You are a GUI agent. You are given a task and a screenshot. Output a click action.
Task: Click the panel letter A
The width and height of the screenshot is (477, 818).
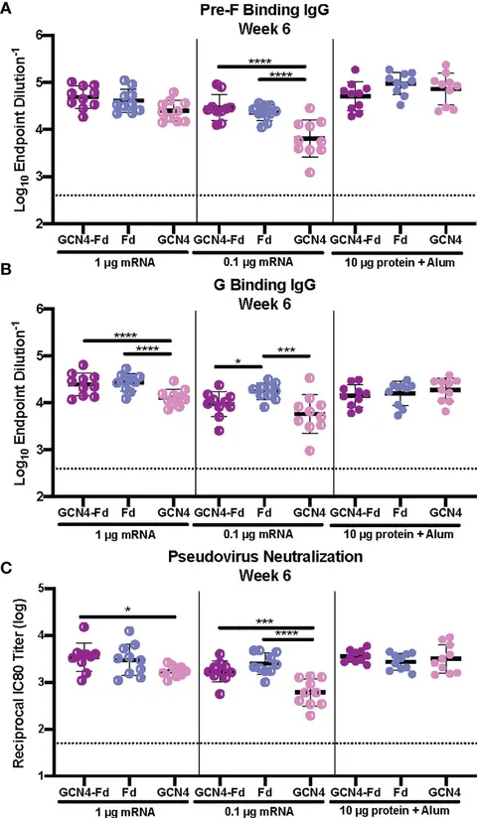point(8,10)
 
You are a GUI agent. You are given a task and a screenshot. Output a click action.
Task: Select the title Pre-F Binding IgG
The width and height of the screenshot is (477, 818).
point(264,10)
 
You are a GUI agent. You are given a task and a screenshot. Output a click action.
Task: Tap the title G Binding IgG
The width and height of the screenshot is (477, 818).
point(265,285)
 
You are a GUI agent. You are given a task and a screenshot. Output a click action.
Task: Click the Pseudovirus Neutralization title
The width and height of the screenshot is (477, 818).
point(265,556)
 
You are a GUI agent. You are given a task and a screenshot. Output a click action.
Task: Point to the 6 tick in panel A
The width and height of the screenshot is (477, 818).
point(38,35)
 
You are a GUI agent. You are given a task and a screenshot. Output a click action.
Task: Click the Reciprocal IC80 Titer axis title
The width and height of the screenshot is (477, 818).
point(18,681)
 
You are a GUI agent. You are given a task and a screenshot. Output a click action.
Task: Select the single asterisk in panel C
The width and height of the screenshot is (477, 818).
point(128,610)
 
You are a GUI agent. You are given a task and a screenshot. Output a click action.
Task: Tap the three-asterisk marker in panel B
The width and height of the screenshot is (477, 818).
point(286,349)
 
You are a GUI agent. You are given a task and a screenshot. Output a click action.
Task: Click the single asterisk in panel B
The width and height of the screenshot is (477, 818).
point(238,359)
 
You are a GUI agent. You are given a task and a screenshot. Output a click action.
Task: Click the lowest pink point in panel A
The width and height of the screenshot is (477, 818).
point(310,172)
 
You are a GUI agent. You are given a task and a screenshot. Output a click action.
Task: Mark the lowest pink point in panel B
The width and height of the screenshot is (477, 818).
point(310,451)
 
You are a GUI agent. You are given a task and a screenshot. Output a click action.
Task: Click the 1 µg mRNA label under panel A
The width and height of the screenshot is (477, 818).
point(124,262)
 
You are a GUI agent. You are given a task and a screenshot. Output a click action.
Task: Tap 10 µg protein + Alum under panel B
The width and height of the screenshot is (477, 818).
point(399,535)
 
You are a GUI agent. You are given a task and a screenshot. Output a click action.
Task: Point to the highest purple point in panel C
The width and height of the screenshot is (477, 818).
point(84,627)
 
